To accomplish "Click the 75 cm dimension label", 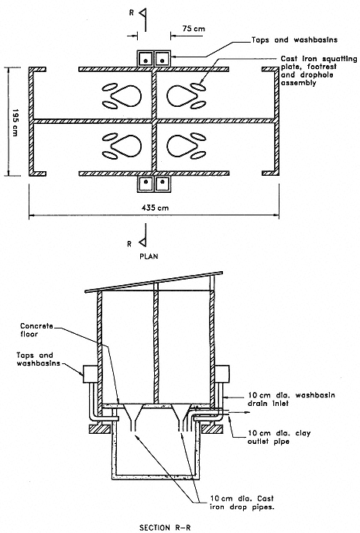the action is (194, 28).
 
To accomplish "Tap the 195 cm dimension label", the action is (15, 122).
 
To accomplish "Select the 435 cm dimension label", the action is (155, 208).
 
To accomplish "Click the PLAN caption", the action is (149, 256).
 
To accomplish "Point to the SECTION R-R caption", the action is (166, 528).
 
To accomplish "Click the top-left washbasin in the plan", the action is (146, 59).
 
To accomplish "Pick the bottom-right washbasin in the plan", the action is (163, 184).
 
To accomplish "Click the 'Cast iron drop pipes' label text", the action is (242, 503).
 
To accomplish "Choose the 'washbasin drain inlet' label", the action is (291, 399).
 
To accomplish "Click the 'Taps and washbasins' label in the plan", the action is (294, 40).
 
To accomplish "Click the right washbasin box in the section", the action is (222, 374).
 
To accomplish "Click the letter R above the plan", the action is (132, 12).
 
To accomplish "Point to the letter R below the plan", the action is (129, 244).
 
